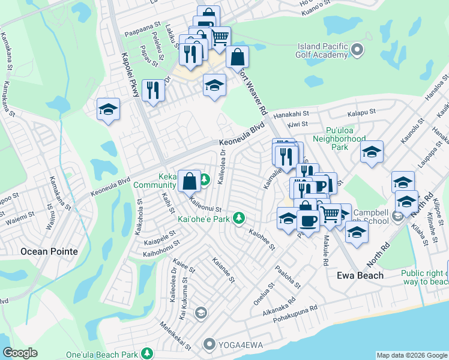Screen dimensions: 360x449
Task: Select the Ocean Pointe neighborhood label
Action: coord(49,251)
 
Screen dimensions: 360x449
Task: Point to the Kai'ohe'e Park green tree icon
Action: coord(239,217)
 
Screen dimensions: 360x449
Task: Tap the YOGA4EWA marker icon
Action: coord(209,344)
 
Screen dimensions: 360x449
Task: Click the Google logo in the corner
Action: coord(20,353)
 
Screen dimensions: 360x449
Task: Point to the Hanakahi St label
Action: coord(291,113)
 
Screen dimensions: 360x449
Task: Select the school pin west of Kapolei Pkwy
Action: coord(109,109)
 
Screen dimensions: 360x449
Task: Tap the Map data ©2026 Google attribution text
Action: coord(412,355)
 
